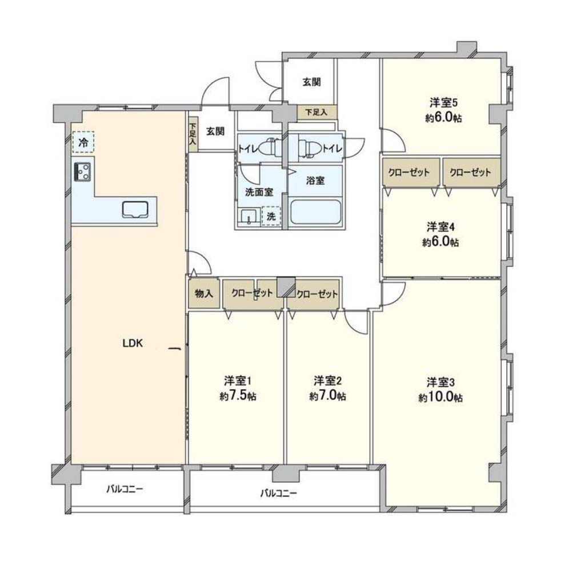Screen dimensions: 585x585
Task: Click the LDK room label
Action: pyautogui.click(x=133, y=343)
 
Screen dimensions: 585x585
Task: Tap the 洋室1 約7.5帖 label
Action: pyautogui.click(x=238, y=388)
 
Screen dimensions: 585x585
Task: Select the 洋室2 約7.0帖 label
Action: pyautogui.click(x=327, y=388)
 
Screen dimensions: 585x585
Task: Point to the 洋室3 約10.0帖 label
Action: pyautogui.click(x=440, y=390)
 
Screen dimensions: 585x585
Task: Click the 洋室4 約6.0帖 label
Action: pyautogui.click(x=440, y=234)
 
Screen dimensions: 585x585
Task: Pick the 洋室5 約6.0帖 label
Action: pyautogui.click(x=443, y=110)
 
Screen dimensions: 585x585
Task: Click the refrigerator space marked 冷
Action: pyautogui.click(x=83, y=142)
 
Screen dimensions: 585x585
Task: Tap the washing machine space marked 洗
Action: pyautogui.click(x=271, y=216)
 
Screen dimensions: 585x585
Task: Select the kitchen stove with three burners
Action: pyautogui.click(x=83, y=172)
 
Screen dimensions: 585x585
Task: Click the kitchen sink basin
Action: pyautogui.click(x=135, y=209)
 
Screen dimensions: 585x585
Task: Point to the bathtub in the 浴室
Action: pyautogui.click(x=315, y=212)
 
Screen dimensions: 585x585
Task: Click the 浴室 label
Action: pyautogui.click(x=315, y=181)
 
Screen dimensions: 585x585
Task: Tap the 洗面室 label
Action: pyautogui.click(x=259, y=192)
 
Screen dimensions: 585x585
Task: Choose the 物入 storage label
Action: pyautogui.click(x=204, y=294)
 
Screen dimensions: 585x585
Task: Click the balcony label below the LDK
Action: pyautogui.click(x=125, y=489)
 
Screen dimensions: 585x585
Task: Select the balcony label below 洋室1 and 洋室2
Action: pyautogui.click(x=278, y=493)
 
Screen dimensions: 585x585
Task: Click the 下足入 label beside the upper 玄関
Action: pyautogui.click(x=316, y=112)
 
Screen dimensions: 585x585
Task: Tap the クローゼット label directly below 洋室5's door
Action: pyautogui.click(x=409, y=173)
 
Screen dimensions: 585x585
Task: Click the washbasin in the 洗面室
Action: pyautogui.click(x=248, y=217)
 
